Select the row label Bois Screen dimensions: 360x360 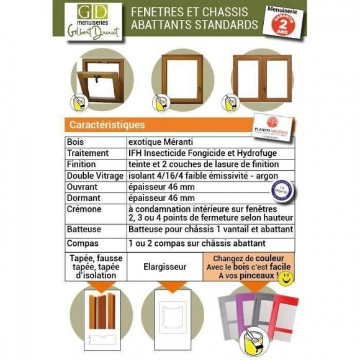point(75,142)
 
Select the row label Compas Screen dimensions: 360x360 point(83,243)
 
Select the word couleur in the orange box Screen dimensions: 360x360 point(271,258)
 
